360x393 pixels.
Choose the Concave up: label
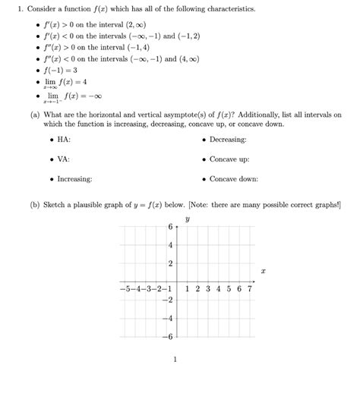[229, 159]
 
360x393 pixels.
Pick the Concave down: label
[233, 179]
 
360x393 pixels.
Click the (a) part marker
[35, 115]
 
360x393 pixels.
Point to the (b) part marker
[35, 205]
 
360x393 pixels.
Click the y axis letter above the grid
[187, 219]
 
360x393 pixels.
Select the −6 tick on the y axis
[167, 336]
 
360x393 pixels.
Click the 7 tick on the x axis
[249, 289]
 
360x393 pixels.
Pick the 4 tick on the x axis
[218, 289]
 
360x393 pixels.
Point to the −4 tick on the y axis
[167, 319]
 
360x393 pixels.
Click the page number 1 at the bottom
[175, 360]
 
